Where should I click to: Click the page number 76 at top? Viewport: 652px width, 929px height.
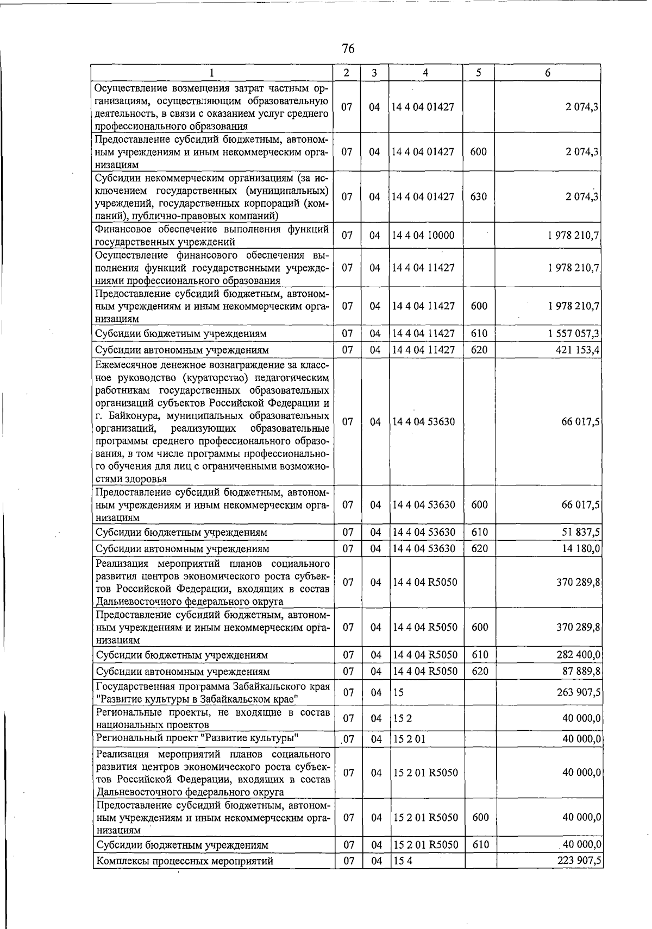348,49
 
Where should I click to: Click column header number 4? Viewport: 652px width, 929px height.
425,73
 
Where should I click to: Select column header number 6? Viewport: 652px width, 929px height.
548,73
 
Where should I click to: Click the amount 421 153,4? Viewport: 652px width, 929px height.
577,350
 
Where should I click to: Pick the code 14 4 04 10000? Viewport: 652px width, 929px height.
423,235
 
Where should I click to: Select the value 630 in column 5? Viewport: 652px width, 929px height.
479,196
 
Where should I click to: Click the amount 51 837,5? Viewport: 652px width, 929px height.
580,532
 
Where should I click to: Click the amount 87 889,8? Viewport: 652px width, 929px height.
580,671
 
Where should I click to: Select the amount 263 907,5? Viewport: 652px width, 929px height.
578,692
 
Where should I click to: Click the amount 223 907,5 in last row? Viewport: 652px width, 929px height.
578,861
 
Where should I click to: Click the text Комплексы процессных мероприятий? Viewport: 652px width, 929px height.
184,861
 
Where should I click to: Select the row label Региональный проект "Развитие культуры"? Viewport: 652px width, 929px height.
197,737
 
